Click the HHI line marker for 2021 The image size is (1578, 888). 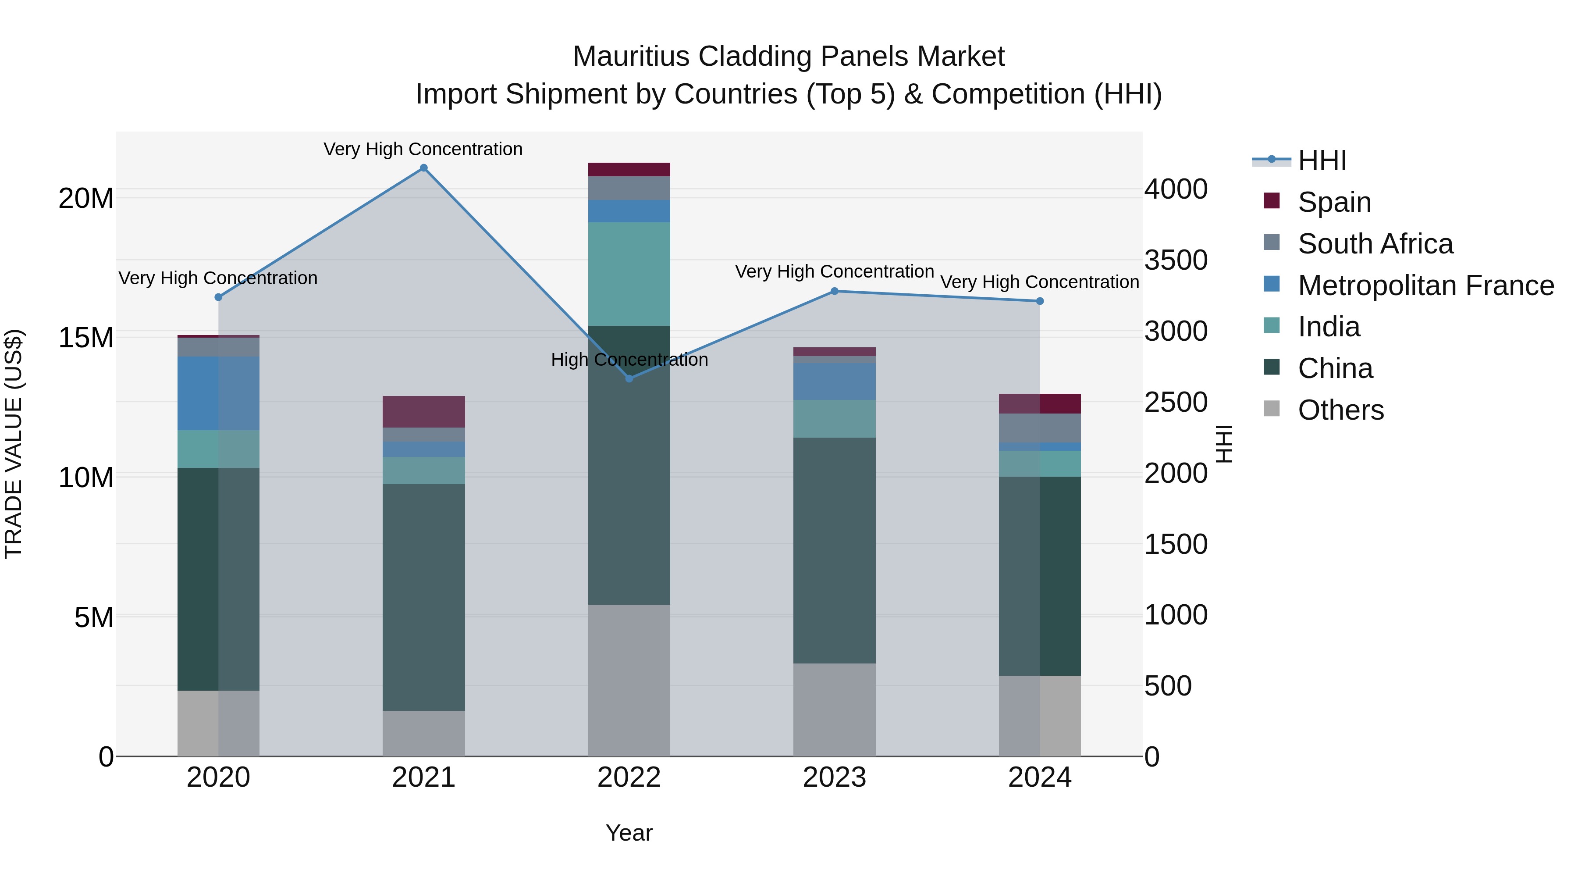coord(423,168)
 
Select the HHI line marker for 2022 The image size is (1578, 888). coord(629,378)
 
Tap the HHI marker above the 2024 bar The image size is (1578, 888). coord(1040,301)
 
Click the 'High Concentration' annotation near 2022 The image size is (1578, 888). coord(629,360)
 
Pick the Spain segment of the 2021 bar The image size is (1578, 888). coord(423,411)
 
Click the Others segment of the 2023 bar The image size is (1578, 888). coord(834,709)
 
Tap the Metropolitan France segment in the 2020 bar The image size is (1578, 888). coord(218,393)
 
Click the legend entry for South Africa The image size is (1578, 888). coord(1375,244)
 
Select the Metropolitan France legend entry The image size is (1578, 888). coord(1425,285)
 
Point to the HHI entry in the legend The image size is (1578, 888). coord(1322,160)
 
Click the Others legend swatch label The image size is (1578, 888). coord(1340,410)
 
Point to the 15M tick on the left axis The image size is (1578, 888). coord(86,338)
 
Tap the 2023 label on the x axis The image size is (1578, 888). coord(834,777)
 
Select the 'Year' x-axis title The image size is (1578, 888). coord(629,833)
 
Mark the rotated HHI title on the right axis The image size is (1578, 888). coord(1223,444)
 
